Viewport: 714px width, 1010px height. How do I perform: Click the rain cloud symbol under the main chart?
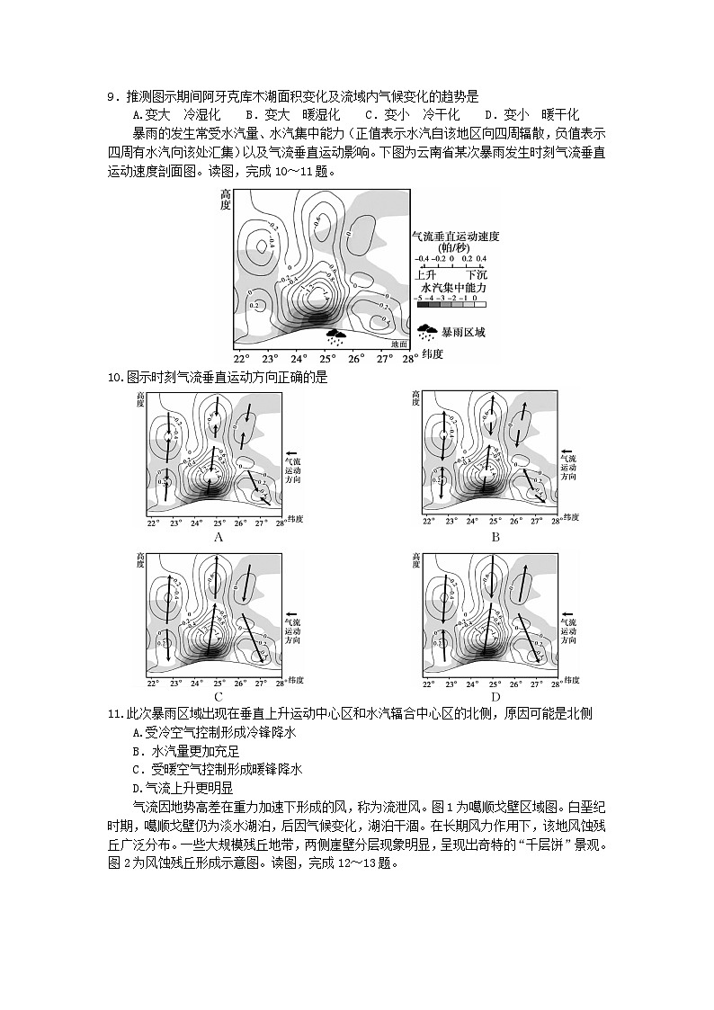(336, 337)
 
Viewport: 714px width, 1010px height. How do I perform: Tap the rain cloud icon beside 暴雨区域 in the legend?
(427, 332)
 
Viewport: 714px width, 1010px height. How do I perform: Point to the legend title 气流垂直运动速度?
(454, 236)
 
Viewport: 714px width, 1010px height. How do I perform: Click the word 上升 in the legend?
(425, 271)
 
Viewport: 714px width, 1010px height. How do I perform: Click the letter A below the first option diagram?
(218, 537)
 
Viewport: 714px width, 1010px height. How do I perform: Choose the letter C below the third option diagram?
(218, 696)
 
